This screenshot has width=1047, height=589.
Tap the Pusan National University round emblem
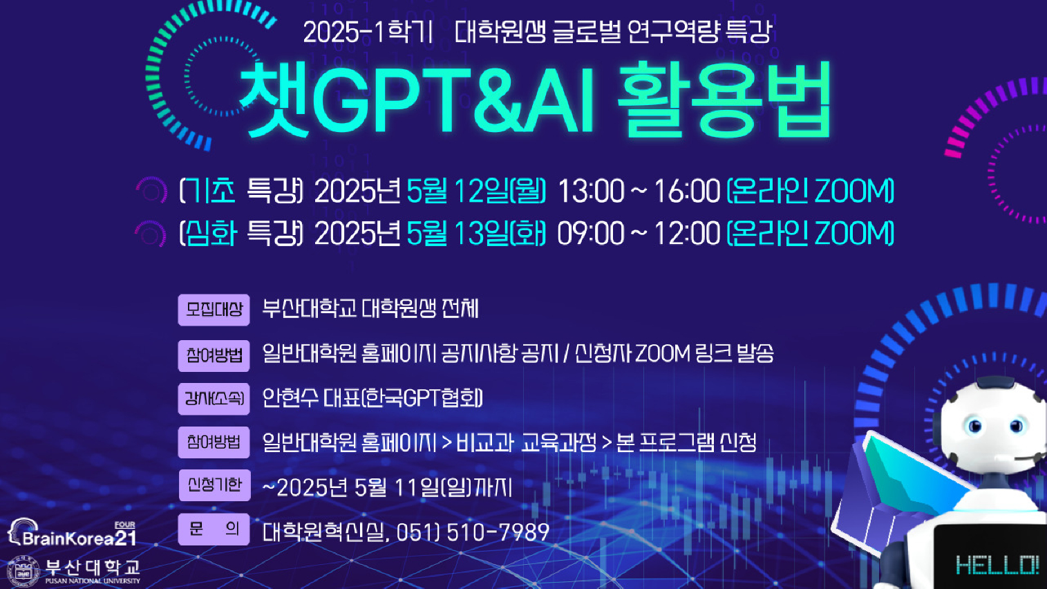23,571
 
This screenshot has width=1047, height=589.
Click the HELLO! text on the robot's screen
997,565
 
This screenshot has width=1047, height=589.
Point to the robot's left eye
975,426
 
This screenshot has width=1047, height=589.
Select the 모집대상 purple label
214,310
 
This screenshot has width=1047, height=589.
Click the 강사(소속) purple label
214,399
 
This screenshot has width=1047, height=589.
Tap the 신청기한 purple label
214,485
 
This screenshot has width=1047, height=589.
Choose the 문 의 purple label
214,529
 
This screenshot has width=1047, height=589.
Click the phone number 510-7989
498,532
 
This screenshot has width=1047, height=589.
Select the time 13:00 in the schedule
591,191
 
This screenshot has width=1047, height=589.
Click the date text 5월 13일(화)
476,233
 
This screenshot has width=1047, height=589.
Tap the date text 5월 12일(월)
476,191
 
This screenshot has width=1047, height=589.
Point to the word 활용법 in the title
724,99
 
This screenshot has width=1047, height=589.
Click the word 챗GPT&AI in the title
417,99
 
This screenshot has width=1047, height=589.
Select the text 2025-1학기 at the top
368,32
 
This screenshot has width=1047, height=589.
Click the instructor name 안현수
290,398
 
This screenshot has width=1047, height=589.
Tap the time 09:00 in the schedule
591,233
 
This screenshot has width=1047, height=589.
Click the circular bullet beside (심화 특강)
151,233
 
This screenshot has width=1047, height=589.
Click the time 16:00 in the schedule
687,191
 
